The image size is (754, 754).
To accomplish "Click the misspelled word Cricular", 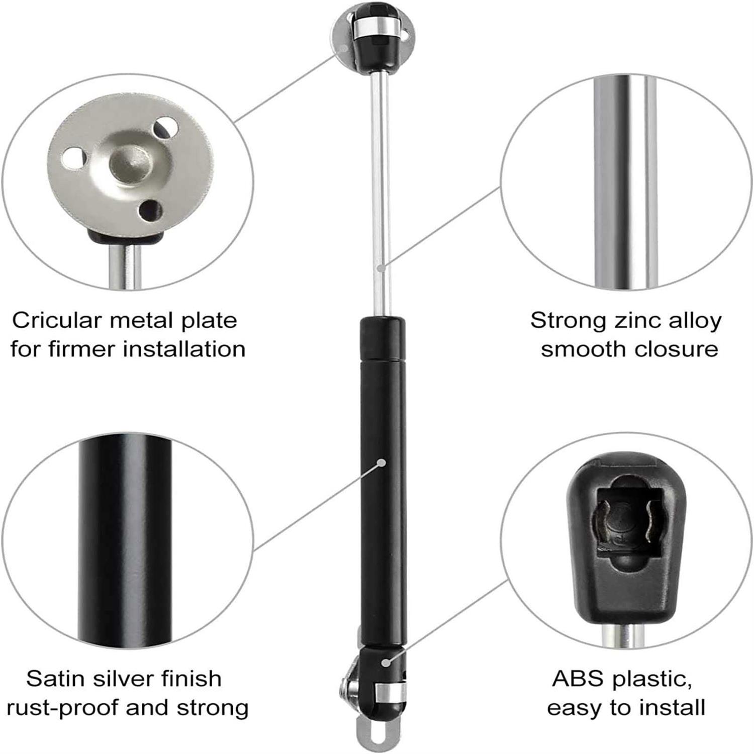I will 50,321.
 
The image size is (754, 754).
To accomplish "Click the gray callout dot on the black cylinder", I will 382,462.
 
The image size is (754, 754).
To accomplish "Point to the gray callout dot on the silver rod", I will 382,268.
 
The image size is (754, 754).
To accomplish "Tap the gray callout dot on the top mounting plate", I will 344,48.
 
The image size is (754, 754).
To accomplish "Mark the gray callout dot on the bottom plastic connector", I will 386,663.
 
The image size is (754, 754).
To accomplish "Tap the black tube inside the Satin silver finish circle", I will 125,538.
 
